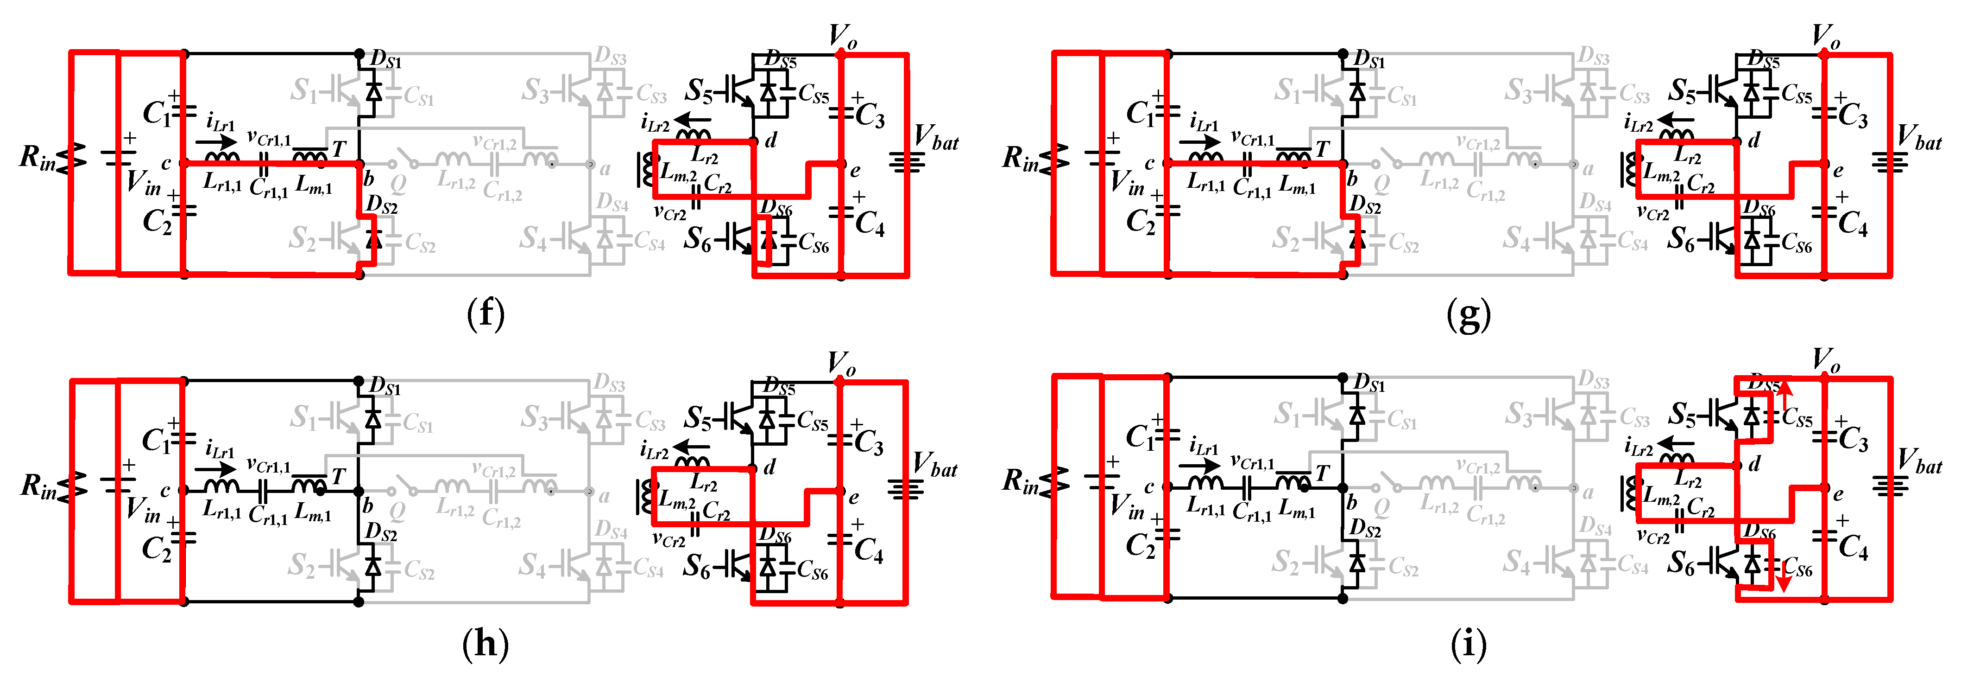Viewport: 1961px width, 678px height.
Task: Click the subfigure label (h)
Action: click(x=485, y=644)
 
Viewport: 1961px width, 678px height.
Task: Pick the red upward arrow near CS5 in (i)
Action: click(x=1784, y=393)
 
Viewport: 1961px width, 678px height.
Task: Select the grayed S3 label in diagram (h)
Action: click(x=535, y=417)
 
